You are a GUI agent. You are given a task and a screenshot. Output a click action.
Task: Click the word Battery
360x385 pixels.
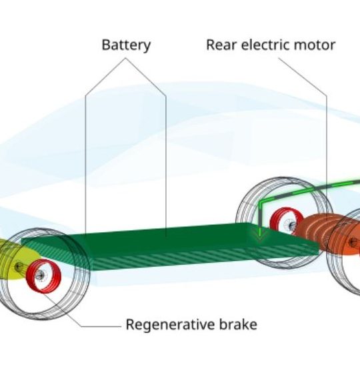pos(126,45)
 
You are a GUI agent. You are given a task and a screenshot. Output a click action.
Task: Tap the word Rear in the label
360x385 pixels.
pos(221,45)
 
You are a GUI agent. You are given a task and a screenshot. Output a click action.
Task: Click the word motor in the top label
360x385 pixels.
pos(315,45)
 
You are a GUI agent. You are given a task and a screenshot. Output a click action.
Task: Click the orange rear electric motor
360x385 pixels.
pos(327,234)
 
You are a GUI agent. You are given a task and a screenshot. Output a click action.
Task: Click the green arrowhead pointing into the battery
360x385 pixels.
pos(260,234)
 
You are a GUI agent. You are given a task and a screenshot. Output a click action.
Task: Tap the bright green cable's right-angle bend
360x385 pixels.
pos(261,202)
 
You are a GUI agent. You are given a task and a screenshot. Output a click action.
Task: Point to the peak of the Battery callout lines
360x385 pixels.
pos(125,58)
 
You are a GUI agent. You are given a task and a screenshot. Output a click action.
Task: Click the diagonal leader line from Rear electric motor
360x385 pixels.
pos(302,77)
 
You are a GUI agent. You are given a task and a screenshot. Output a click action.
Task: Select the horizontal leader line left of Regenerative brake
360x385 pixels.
pos(101,326)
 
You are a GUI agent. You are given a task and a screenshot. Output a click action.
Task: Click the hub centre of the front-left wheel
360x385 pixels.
pos(39,276)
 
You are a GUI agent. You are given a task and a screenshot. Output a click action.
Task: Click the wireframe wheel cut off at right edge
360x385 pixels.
pos(343,253)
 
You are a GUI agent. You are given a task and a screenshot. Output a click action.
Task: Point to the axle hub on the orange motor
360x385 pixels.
pos(353,243)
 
